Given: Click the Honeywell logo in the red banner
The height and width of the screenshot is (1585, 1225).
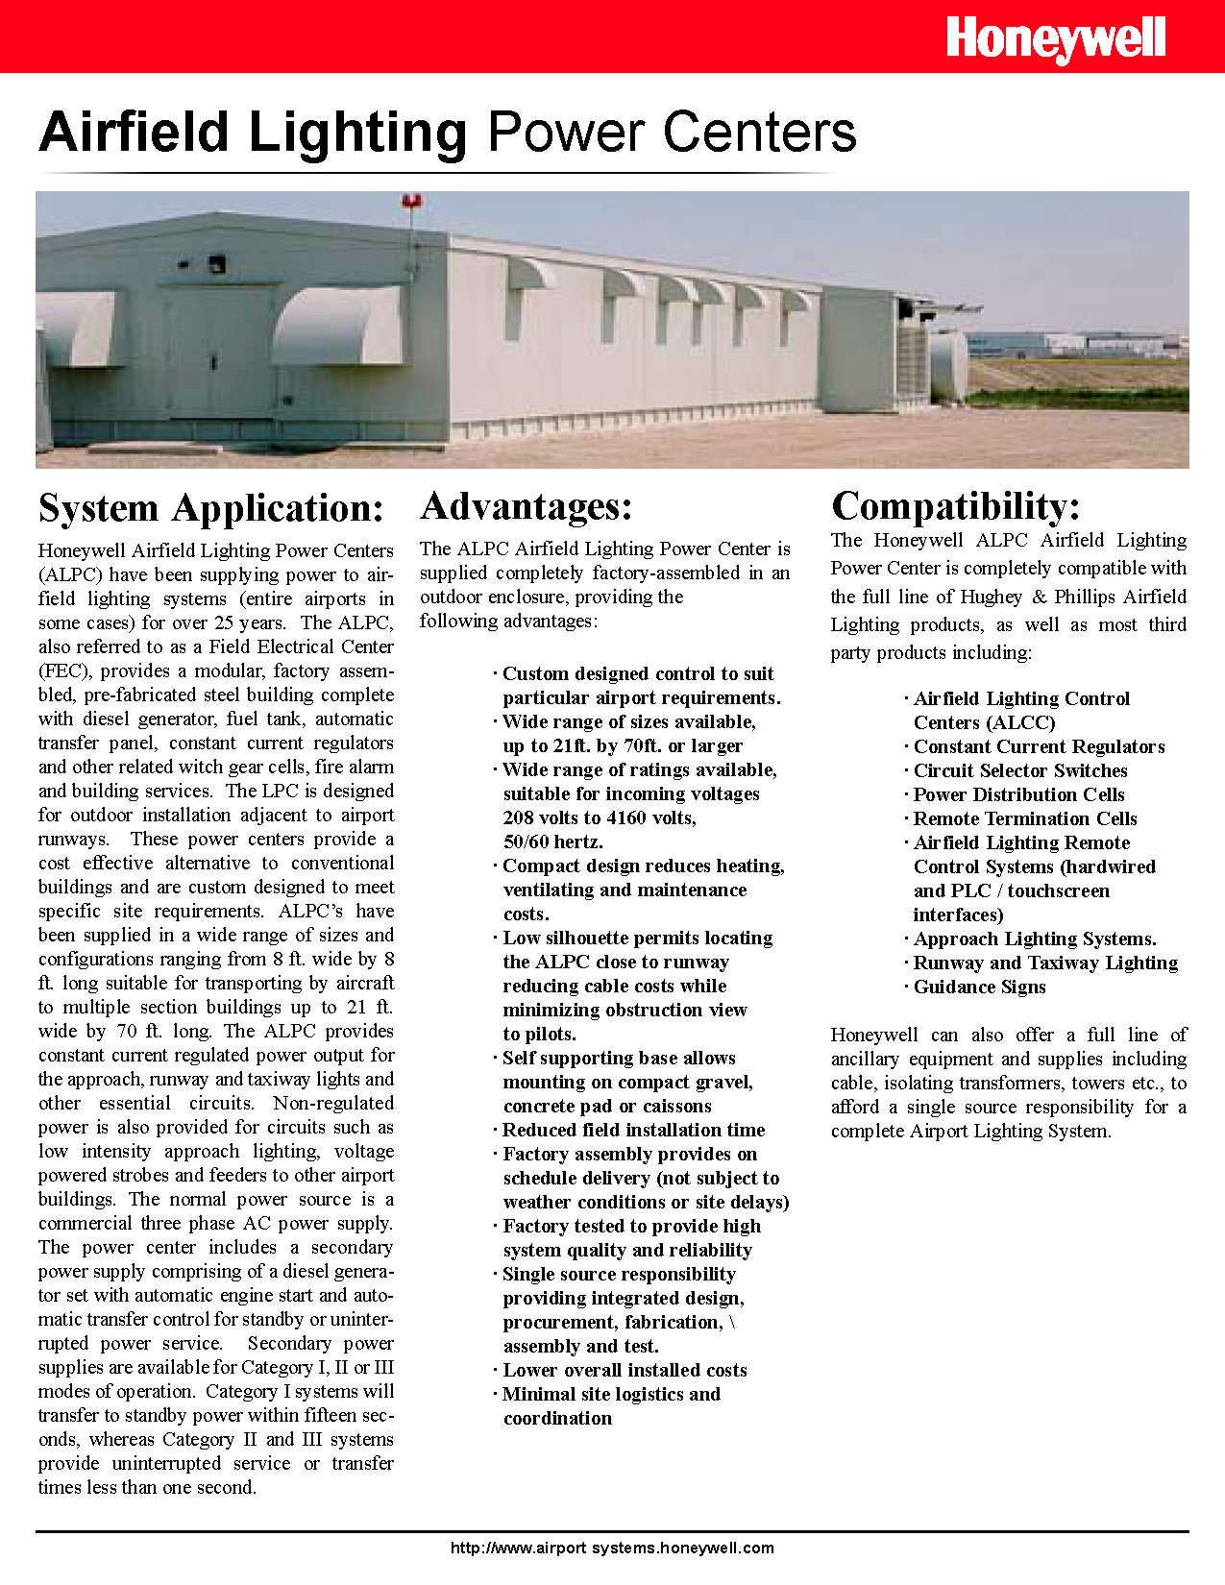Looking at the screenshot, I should click(1055, 40).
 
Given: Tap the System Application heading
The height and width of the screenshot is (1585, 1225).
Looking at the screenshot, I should click(211, 509).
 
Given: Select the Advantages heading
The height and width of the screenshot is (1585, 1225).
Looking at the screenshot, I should click(527, 507).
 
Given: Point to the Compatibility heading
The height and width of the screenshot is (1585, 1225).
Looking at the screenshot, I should click(956, 507).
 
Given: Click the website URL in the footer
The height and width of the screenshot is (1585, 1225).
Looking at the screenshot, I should click(612, 1548).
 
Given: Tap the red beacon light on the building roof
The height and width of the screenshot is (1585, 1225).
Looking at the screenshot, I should click(413, 202).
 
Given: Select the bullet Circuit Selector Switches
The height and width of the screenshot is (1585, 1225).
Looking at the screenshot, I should click(1020, 770).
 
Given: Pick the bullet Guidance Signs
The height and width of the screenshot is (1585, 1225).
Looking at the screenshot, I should click(979, 987).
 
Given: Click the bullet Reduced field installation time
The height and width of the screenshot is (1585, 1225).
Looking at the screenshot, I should click(633, 1130).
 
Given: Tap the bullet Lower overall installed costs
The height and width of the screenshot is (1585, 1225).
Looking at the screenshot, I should click(625, 1370).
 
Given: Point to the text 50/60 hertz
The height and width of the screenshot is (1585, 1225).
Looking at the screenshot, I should click(553, 841).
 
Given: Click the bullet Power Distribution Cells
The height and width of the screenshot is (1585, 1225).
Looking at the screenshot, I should click(1018, 794).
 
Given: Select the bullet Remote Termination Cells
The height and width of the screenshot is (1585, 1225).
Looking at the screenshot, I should click(1025, 818).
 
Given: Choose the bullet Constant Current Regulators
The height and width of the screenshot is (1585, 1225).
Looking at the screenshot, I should click(1039, 746).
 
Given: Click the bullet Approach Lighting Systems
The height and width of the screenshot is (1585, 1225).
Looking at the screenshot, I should click(1035, 939).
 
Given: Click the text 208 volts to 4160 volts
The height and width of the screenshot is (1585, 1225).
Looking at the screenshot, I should click(600, 817).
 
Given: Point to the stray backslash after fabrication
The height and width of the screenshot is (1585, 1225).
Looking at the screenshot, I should click(732, 1322).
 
